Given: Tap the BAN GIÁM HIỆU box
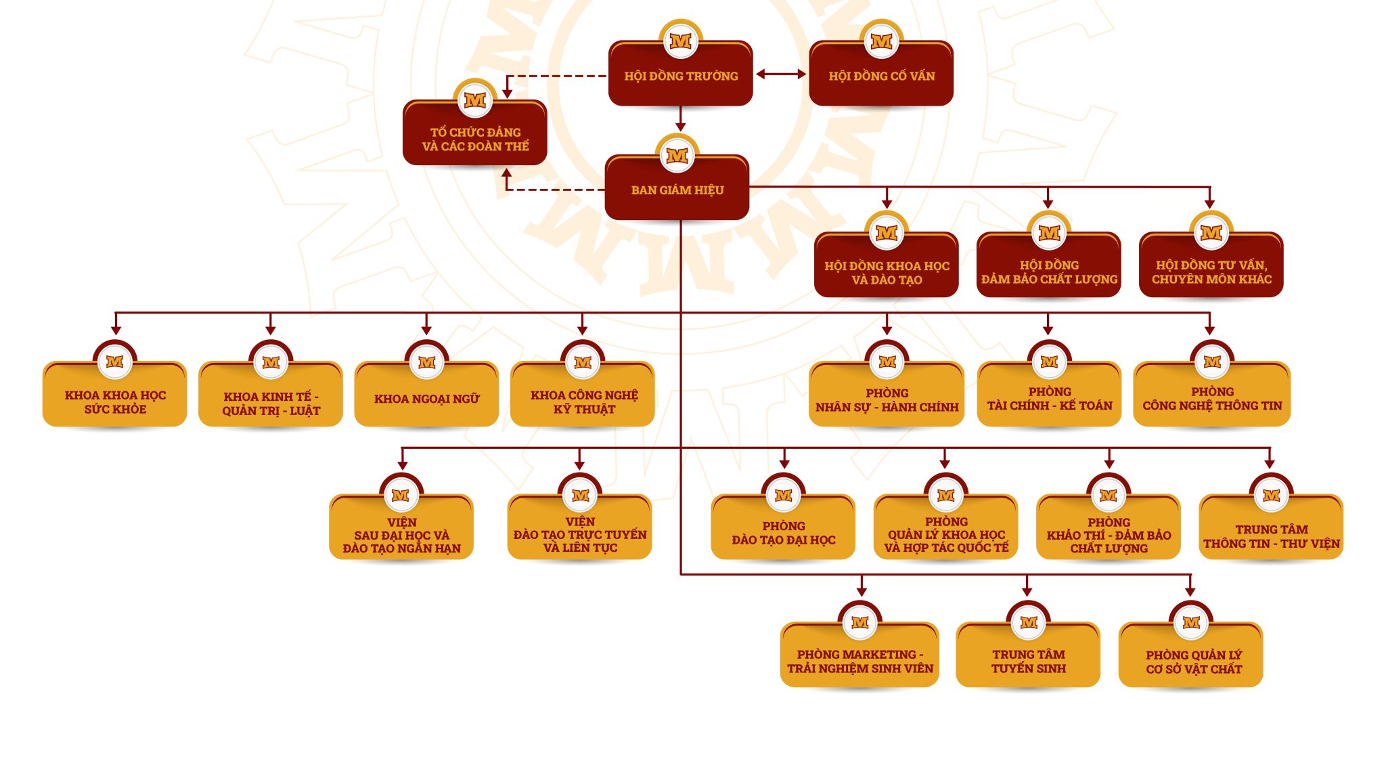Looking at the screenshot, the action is click(677, 188).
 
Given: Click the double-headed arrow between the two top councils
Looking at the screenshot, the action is click(781, 74).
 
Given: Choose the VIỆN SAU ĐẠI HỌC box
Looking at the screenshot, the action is click(401, 527).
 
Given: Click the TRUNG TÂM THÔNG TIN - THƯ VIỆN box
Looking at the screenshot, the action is click(1271, 527).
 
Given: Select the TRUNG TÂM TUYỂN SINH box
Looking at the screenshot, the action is click(1028, 655).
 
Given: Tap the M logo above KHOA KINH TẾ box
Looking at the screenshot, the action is click(271, 362).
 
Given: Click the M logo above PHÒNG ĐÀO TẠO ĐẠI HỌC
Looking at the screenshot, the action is click(783, 496).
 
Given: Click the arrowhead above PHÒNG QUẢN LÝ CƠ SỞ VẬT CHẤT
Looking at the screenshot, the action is click(1190, 592).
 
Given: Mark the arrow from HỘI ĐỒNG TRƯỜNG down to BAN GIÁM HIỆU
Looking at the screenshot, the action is click(681, 118).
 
